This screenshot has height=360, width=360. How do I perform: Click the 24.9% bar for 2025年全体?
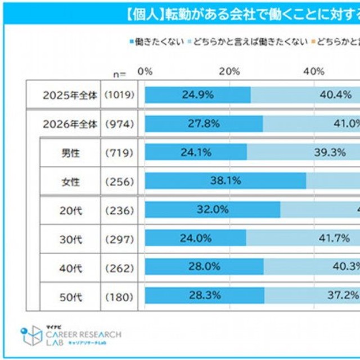tap(197, 95)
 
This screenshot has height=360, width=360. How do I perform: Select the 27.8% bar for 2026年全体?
tap(204, 124)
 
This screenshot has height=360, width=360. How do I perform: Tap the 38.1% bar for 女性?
tap(226, 181)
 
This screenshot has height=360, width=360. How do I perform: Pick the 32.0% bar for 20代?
tap(213, 209)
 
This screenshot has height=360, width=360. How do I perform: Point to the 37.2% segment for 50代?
tap(312, 295)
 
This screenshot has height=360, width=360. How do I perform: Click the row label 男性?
tap(70, 152)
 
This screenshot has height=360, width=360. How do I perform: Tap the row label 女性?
tap(70, 181)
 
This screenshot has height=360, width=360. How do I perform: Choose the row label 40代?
tap(70, 267)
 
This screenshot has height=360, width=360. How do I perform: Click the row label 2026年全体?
tap(70, 124)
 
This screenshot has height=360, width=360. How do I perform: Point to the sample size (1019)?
tap(119, 95)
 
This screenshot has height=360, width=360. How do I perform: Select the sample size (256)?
tap(119, 181)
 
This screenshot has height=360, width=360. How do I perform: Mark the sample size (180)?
tap(119, 296)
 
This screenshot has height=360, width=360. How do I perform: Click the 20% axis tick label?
tap(229, 71)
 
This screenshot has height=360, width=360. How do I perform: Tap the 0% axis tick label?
tap(145, 71)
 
